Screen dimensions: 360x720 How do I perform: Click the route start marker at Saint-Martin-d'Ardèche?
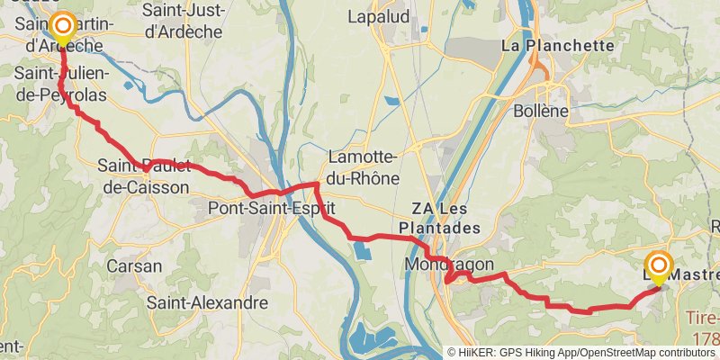pyautogui.click(x=62, y=26)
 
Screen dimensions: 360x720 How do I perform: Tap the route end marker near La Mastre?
pyautogui.click(x=659, y=265)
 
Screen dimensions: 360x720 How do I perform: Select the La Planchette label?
pyautogui.click(x=557, y=45)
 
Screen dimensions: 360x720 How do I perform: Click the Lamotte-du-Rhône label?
pyautogui.click(x=364, y=166)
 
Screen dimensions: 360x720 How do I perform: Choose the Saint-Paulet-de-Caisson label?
pyautogui.click(x=144, y=175)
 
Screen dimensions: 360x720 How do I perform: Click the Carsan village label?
pyautogui.click(x=134, y=266)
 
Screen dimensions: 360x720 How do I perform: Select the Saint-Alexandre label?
pyautogui.click(x=207, y=303)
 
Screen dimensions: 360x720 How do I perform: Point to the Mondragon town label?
pyautogui.click(x=450, y=265)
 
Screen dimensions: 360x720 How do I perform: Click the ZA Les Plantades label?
pyautogui.click(x=445, y=219)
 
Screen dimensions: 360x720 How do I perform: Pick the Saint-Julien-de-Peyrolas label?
pyautogui.click(x=61, y=83)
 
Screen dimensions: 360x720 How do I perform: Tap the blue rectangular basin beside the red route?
pyautogui.click(x=362, y=249)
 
